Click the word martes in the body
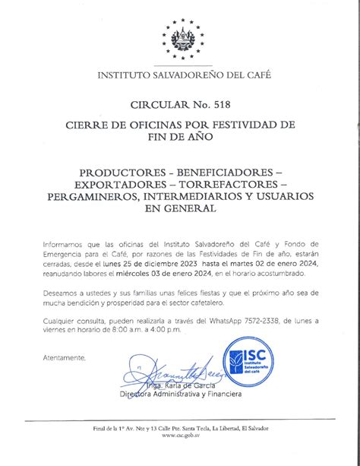tap(254, 262)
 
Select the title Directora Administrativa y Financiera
tap(181, 395)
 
